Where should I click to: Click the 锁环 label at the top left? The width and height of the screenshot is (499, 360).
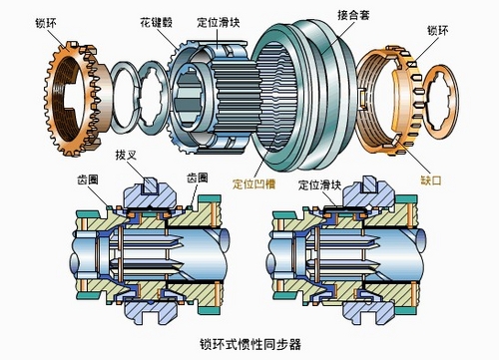(46, 23)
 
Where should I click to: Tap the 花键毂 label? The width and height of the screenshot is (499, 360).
(157, 23)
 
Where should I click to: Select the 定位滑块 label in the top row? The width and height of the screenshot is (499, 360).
(219, 22)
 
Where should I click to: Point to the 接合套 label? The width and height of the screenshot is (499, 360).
(353, 15)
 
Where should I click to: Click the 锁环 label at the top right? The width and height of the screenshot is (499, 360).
(438, 31)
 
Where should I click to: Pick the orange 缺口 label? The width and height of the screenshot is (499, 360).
(431, 180)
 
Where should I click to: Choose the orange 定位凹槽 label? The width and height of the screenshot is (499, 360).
(253, 183)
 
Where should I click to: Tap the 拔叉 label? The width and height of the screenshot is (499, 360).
(126, 155)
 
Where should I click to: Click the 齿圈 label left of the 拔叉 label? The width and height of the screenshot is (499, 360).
(88, 180)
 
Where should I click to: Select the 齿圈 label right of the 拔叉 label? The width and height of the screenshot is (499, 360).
(198, 178)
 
